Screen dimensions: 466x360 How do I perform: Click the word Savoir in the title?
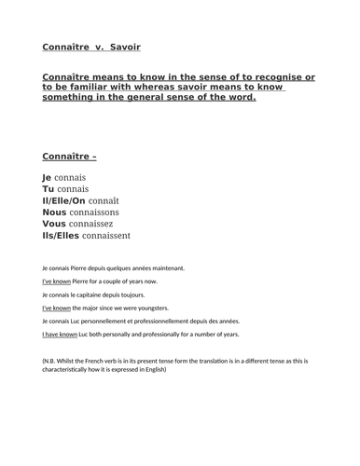[126, 46]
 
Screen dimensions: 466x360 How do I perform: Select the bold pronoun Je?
[48, 176]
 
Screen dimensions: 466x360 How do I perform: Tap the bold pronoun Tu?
[48, 188]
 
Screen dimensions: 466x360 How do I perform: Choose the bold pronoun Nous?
[56, 212]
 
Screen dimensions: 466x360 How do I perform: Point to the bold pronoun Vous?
[56, 225]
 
